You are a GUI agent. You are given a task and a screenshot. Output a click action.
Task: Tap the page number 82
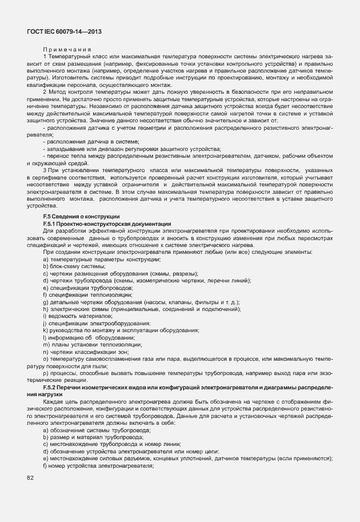tap(30, 477)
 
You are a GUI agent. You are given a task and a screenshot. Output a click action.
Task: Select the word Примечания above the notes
tap(67, 50)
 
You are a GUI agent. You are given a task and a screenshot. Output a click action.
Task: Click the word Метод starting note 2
tap(58, 91)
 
